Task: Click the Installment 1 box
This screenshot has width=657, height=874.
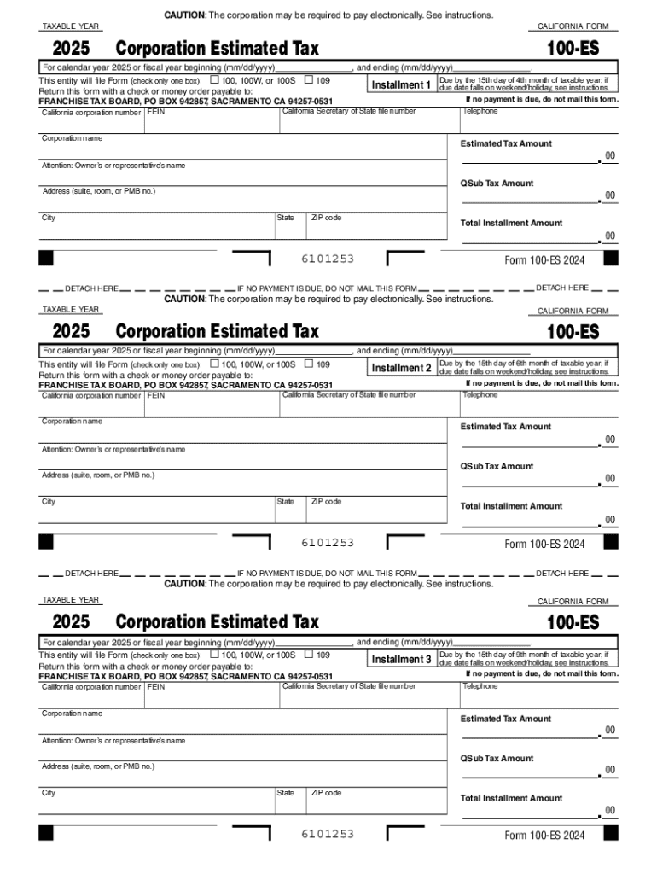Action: point(401,85)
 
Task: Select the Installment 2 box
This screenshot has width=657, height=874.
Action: point(401,368)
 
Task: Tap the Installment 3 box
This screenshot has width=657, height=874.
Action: point(401,660)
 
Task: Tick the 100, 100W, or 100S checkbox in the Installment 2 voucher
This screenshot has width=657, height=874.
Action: point(214,364)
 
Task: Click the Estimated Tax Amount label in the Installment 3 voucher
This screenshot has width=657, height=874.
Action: point(506,719)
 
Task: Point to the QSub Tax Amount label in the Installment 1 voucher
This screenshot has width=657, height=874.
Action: point(497,184)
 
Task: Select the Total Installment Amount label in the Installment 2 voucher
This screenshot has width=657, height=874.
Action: point(511,506)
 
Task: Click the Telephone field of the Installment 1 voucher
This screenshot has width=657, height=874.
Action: point(538,121)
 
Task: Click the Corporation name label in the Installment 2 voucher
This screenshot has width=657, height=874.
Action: point(73,422)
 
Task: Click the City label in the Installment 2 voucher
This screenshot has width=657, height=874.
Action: point(49,502)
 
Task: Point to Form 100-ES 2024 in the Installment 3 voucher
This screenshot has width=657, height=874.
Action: point(544,836)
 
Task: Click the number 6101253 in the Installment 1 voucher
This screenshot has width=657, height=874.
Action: point(327,259)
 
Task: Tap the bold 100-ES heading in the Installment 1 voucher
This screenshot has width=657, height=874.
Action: point(573,48)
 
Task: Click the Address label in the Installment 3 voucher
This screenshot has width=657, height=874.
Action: point(98,766)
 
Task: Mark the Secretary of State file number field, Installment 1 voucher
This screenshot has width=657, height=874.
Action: point(369,121)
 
